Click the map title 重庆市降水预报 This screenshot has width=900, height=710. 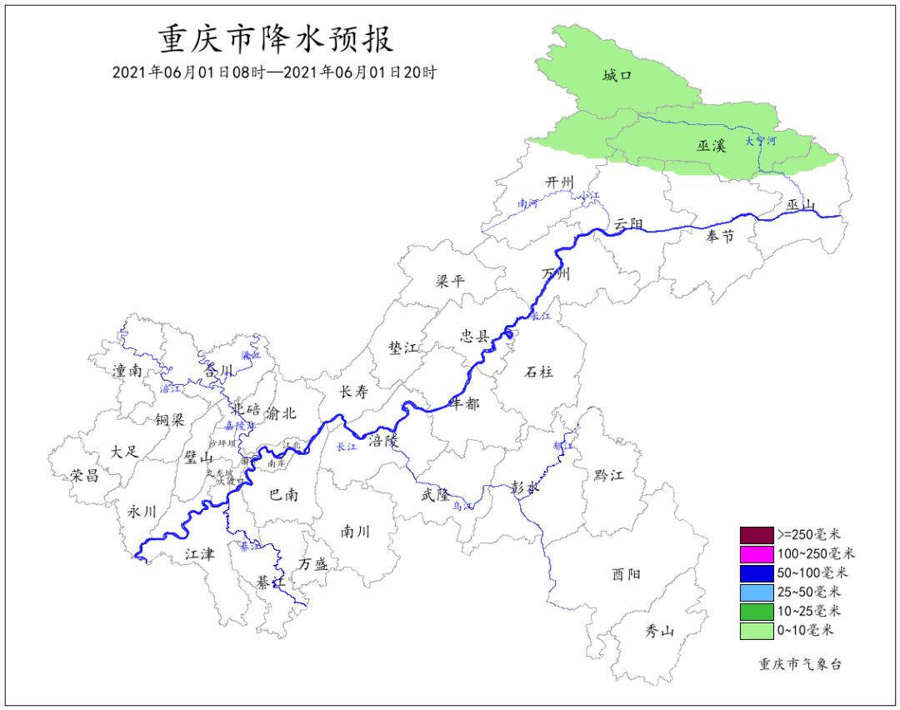click(275, 39)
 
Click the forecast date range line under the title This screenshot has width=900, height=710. click(275, 72)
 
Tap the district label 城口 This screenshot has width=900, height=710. click(617, 76)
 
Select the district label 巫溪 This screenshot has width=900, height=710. click(712, 146)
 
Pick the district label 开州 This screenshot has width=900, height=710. click(560, 182)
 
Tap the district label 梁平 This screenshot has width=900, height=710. click(450, 281)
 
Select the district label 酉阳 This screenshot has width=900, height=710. click(627, 573)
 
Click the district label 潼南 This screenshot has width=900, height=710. click(127, 371)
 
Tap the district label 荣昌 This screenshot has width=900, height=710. click(84, 475)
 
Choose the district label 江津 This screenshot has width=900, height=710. click(199, 553)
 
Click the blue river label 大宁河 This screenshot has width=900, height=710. click(760, 141)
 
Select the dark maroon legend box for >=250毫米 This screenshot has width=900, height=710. click(757, 534)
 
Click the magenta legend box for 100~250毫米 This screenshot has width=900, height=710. click(757, 553)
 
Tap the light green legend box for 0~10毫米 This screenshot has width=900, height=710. click(757, 631)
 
